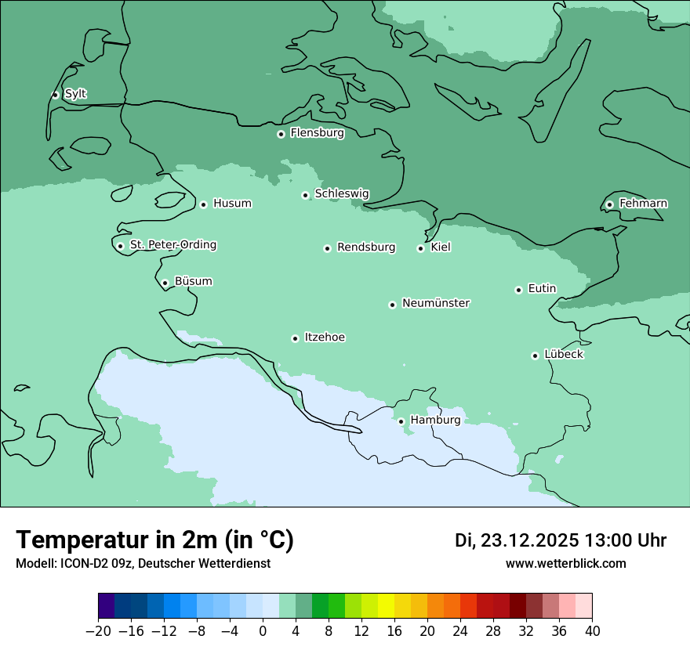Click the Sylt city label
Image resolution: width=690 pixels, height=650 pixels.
[75, 94]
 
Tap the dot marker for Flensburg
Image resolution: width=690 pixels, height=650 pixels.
[281, 134]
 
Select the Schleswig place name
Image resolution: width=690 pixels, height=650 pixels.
[342, 193]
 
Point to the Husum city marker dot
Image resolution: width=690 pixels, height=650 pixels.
[203, 204]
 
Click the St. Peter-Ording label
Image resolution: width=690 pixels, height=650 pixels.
[173, 244]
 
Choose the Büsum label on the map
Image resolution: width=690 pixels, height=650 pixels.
[193, 281]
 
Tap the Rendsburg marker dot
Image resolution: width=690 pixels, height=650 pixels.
[327, 248]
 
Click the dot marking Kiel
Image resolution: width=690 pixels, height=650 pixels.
[420, 248]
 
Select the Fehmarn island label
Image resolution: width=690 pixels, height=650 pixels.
[643, 204]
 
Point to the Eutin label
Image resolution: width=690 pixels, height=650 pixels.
[542, 288]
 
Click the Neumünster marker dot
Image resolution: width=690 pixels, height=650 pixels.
[392, 305]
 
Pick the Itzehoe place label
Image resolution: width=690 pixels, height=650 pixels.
[325, 338]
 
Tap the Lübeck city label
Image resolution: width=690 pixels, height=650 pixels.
[564, 354]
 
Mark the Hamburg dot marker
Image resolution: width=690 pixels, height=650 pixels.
[401, 421]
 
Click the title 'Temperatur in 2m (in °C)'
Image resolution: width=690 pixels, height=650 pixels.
[154, 540]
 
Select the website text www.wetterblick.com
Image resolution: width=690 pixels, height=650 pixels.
[565, 563]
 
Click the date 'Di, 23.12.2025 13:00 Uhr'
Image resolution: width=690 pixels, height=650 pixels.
[561, 540]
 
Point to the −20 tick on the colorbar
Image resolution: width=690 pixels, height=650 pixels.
[98, 630]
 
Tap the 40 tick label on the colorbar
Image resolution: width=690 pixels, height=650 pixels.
[592, 630]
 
